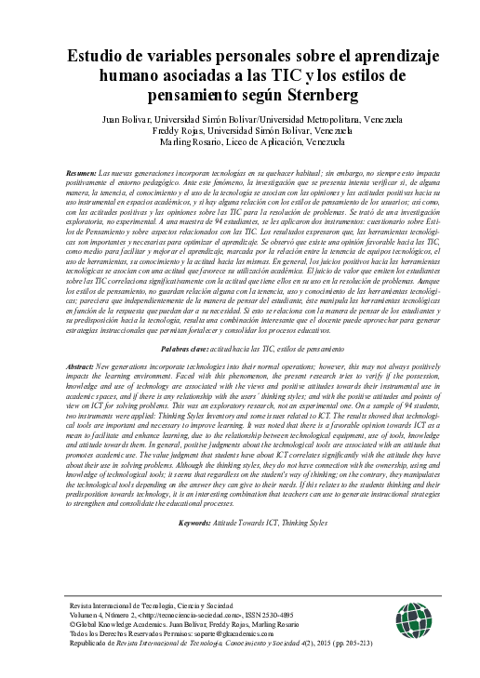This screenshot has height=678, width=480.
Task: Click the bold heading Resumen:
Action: (x=83, y=174)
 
